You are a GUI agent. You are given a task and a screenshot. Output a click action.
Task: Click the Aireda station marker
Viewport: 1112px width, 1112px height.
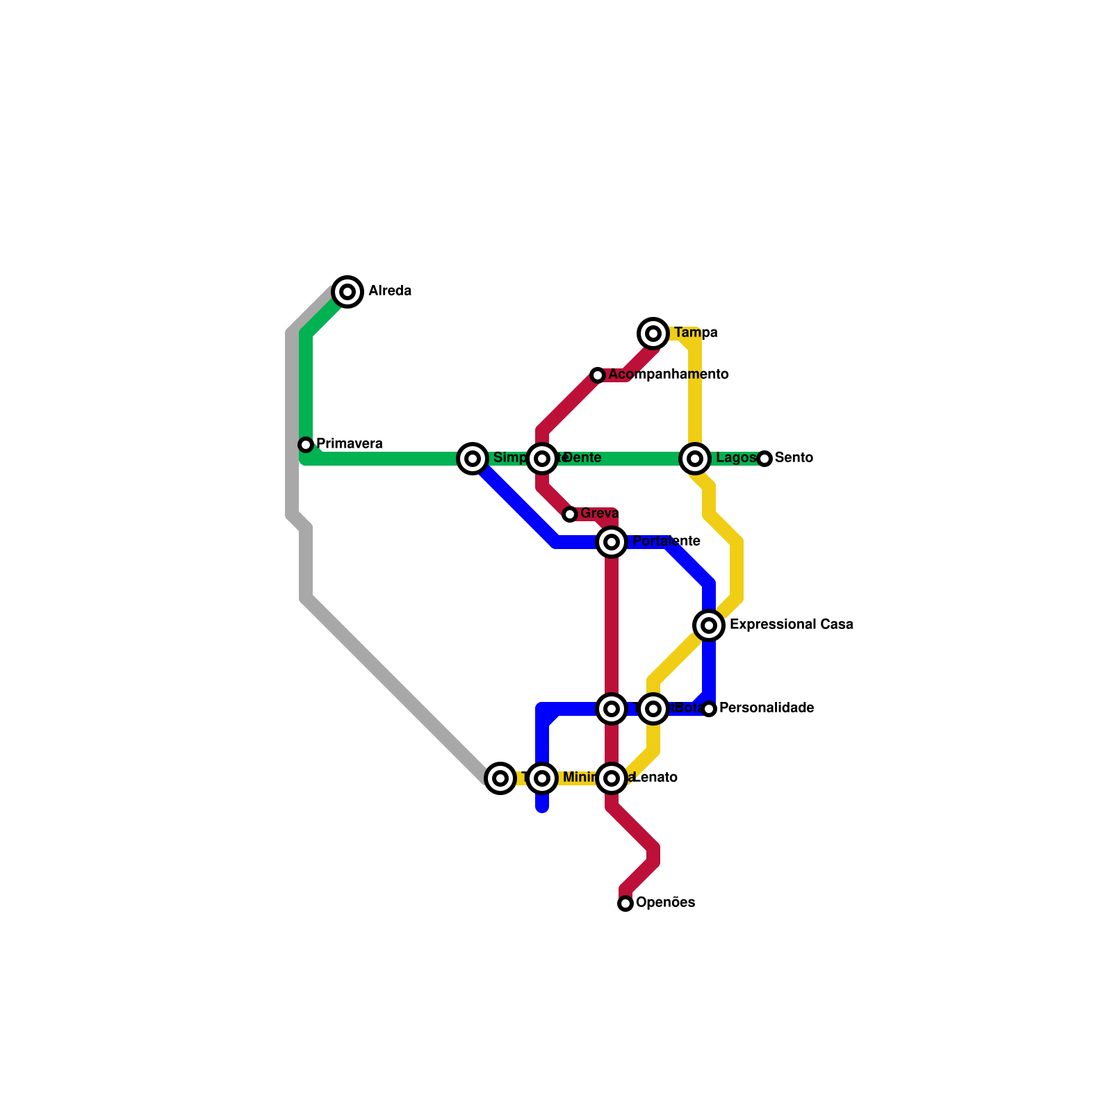[347, 291]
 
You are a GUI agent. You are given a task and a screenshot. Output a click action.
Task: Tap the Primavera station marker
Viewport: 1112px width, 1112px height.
[306, 444]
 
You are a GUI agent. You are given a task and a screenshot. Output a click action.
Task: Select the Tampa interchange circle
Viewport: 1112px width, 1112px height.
[653, 334]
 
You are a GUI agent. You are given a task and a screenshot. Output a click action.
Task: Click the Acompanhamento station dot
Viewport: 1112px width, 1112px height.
[598, 375]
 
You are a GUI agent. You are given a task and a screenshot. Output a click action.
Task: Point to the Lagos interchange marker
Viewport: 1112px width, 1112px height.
[695, 459]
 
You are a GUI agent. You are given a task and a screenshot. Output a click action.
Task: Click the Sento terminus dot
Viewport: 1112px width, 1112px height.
[764, 459]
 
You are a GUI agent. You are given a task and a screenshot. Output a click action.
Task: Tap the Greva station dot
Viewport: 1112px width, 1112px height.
[570, 514]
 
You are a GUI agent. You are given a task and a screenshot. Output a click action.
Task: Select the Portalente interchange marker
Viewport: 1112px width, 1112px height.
[612, 542]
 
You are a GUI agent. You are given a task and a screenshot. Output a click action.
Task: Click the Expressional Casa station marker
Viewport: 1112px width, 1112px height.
[709, 625]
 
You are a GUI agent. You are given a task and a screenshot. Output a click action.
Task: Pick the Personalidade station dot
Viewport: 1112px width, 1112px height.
[709, 709]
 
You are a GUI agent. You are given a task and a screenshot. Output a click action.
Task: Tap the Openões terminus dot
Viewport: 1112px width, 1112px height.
[625, 903]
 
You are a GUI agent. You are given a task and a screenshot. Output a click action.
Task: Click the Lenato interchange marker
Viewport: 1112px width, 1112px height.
[612, 778]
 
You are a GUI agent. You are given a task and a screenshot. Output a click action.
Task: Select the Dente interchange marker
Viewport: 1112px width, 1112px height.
[542, 459]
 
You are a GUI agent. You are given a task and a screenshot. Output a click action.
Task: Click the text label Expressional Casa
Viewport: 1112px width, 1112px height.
[791, 625]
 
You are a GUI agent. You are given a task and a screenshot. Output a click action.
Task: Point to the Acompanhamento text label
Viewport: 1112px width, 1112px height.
[668, 375]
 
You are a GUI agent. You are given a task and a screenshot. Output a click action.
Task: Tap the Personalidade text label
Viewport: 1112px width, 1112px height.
[766, 708]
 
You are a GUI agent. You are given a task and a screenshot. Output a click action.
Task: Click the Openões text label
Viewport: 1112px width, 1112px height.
[665, 903]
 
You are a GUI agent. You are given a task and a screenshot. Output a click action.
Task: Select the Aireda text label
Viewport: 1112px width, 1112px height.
[390, 291]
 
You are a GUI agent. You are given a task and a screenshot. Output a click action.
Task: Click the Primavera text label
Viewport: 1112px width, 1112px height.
[349, 443]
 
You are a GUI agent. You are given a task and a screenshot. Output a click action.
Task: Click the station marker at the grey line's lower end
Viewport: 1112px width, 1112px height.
[500, 778]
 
